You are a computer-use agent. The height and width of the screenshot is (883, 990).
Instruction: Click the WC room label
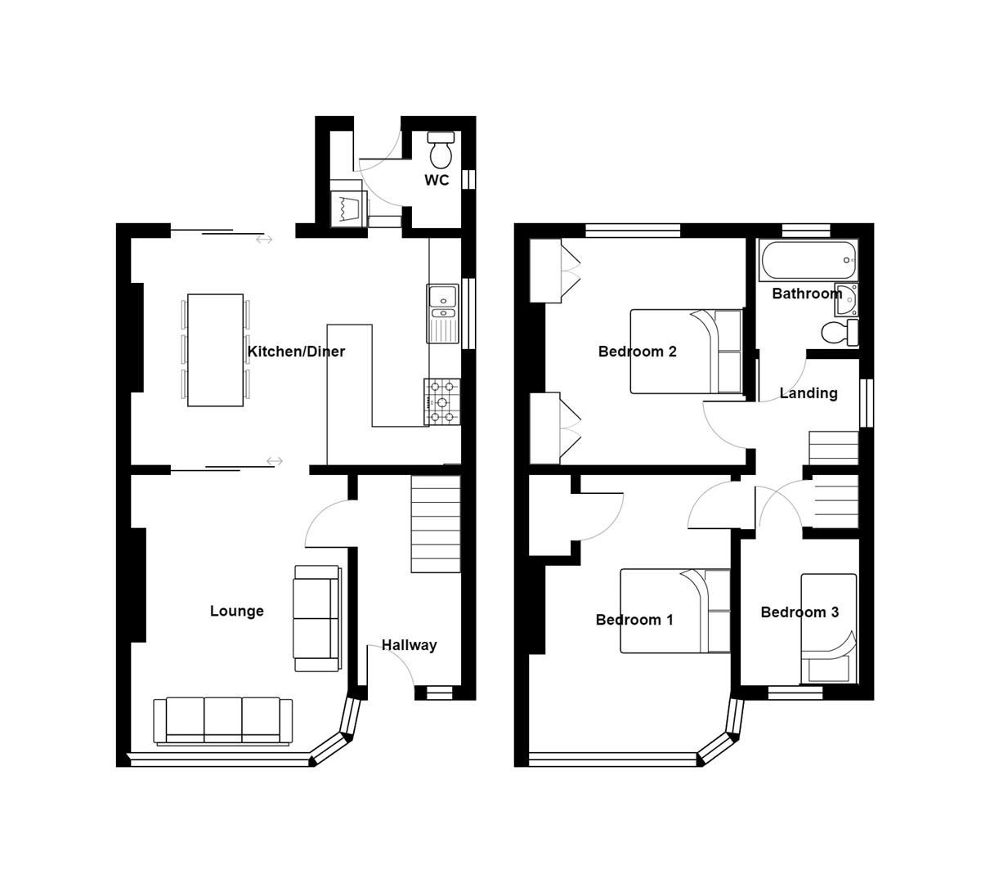click(x=437, y=180)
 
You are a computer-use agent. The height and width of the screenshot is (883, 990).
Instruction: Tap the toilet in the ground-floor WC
click(x=441, y=149)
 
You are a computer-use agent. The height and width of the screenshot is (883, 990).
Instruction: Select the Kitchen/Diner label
click(x=296, y=352)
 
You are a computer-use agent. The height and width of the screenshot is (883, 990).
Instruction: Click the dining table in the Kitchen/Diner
click(x=215, y=350)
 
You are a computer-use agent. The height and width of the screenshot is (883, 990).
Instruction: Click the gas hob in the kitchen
click(x=442, y=401)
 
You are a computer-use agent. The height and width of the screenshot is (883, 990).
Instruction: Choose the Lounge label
click(x=236, y=611)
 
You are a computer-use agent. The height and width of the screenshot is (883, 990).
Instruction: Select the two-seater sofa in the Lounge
click(x=316, y=618)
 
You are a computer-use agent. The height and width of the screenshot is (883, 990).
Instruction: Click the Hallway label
click(x=409, y=645)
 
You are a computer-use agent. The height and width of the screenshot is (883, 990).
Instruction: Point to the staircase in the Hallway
click(x=435, y=523)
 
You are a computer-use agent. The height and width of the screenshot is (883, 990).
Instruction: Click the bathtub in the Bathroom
click(x=808, y=260)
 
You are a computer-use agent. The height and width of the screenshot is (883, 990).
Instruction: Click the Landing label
click(x=808, y=393)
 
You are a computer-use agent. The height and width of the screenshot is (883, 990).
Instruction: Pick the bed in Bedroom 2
click(x=685, y=352)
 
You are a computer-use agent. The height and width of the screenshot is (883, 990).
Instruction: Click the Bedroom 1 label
click(x=634, y=620)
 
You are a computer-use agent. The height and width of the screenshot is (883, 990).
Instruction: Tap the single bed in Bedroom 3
click(x=828, y=628)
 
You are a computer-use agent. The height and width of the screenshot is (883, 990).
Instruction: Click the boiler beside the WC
click(x=347, y=208)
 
